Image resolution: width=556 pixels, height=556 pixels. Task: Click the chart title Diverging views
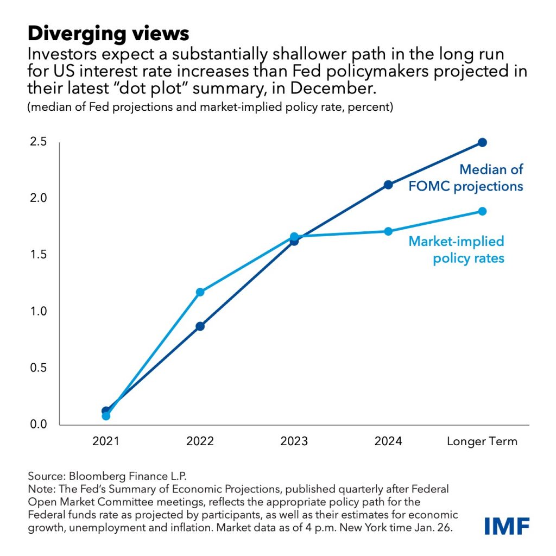point(108,34)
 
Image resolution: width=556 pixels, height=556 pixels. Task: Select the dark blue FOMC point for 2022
point(200,326)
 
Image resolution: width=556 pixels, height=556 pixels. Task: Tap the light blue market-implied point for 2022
point(200,292)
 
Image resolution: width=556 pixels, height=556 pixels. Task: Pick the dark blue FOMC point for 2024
point(388,185)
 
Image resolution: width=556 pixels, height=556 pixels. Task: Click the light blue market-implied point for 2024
point(388,231)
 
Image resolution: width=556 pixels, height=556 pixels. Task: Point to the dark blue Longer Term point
point(482,142)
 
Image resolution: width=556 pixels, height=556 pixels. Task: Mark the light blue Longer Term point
point(482,211)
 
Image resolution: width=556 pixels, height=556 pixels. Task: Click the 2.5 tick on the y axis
point(38,142)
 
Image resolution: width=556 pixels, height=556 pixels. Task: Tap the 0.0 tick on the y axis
point(38,424)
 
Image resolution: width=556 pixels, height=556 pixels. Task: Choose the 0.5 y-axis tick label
point(38,368)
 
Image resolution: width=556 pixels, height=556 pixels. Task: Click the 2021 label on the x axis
point(106,441)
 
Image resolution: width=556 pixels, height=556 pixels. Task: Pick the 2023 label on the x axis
point(294,441)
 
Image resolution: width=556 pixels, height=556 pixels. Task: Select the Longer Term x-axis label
point(482,441)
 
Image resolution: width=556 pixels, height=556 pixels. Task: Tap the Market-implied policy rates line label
point(456,249)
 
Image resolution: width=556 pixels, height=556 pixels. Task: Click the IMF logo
point(507,526)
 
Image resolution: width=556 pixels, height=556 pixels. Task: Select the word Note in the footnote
point(39,488)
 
